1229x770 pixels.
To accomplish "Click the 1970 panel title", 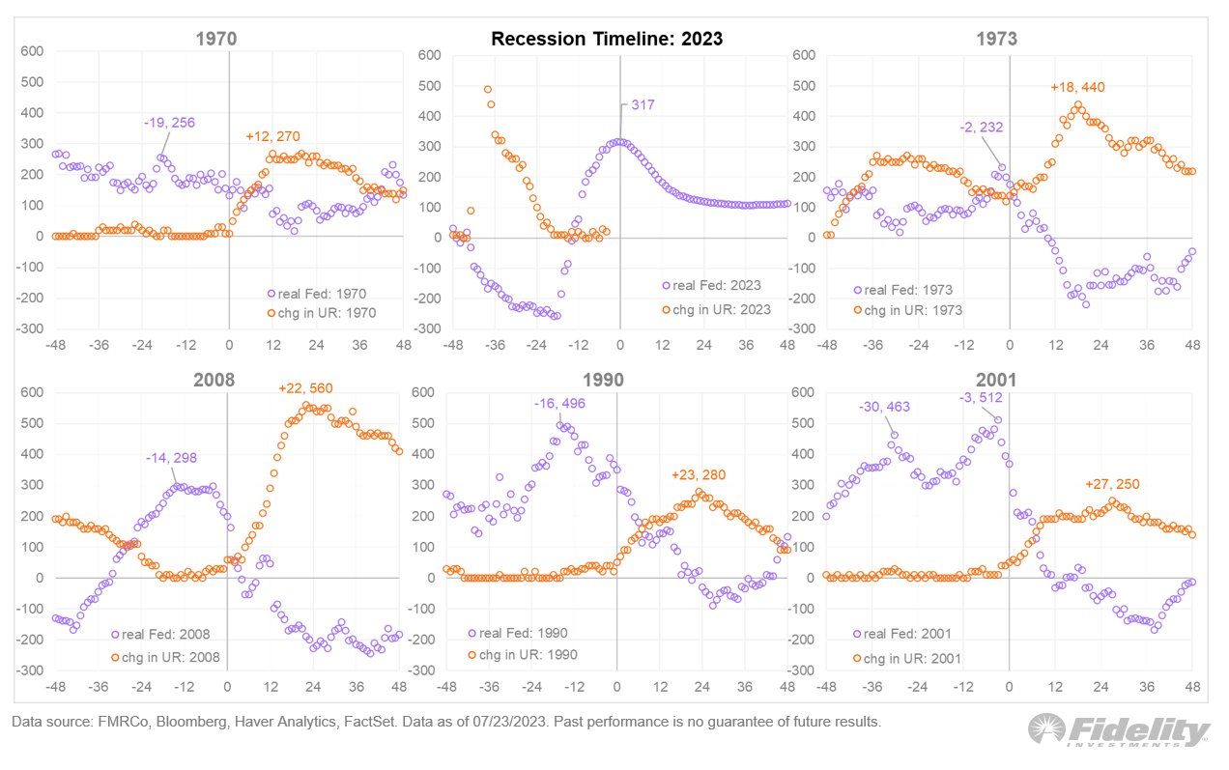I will click(216, 40).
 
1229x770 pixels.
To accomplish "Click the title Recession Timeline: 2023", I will click(607, 40).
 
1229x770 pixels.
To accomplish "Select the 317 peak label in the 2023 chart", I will click(642, 104).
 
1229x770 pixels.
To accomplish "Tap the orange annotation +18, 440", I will click(1077, 87).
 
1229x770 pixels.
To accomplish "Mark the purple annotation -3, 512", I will click(982, 397).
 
